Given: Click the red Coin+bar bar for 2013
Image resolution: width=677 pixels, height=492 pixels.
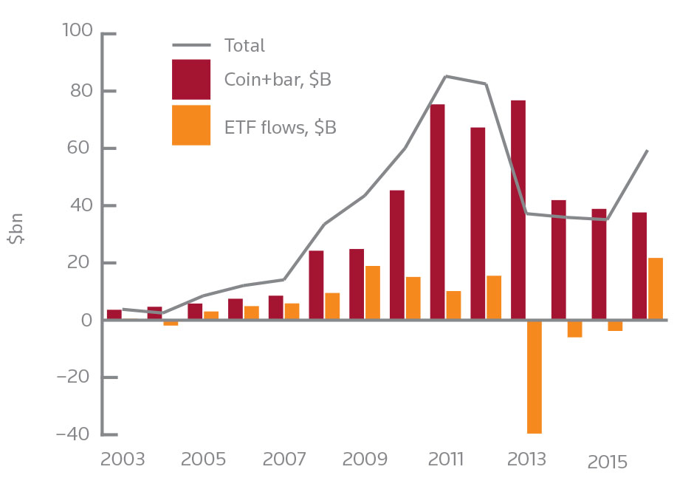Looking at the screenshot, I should click(518, 211).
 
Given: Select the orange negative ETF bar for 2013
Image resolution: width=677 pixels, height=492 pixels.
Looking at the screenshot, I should click(534, 377).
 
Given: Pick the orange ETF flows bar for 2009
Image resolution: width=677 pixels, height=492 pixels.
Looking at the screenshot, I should click(373, 293).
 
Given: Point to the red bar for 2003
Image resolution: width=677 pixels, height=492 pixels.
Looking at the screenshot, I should click(114, 315).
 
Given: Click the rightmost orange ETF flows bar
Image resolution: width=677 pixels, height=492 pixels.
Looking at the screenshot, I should click(655, 289).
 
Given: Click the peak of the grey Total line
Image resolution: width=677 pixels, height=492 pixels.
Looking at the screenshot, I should click(446, 76).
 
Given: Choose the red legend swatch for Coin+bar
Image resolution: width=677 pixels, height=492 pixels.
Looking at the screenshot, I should click(191, 79).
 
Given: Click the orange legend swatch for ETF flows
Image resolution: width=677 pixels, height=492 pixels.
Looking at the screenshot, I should click(191, 125).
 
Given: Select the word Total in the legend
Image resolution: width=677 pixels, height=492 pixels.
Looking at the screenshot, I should click(244, 46).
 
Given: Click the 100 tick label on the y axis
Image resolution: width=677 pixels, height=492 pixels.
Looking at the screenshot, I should click(75, 33).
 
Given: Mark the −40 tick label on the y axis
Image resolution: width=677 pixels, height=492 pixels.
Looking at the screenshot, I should click(72, 434).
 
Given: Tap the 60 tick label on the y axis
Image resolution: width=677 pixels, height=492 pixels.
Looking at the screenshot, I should click(78, 148).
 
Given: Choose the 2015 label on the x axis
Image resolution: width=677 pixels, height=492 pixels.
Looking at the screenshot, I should click(607, 462).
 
